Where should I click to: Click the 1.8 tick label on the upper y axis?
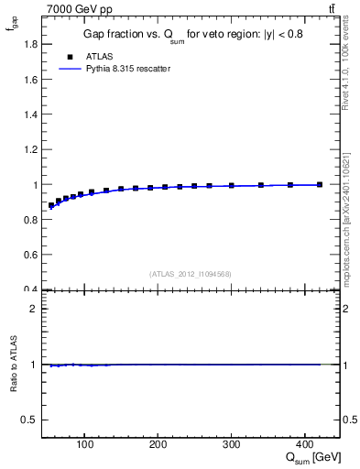30,44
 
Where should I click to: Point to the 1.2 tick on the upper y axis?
30,149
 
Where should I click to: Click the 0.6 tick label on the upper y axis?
30,255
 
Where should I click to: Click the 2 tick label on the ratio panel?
34,309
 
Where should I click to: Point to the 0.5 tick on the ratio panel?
30,420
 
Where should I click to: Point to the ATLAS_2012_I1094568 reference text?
191,274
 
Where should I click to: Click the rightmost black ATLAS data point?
319,184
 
